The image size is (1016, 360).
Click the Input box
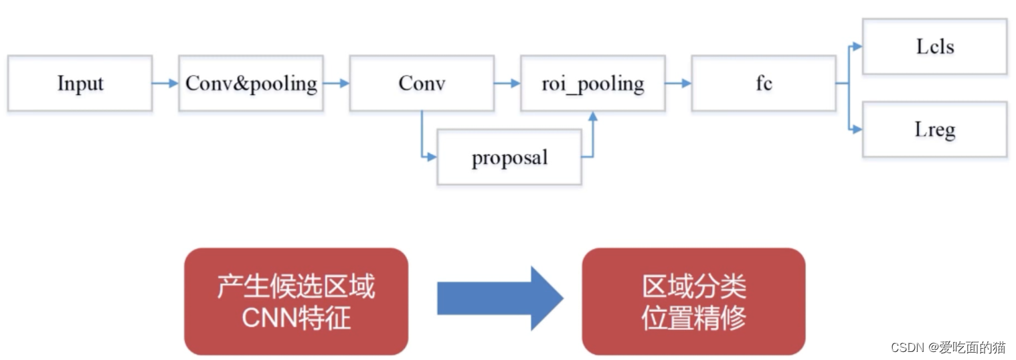point(80,84)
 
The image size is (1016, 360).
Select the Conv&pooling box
point(251,84)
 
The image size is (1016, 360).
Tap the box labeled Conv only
point(422,84)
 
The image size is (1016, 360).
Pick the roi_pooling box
point(593,84)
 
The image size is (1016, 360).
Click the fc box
point(764,84)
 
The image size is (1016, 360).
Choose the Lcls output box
point(934,47)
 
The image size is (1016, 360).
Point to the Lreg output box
point(934,129)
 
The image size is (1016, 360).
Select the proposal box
point(509,158)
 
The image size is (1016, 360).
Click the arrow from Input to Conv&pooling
point(165,84)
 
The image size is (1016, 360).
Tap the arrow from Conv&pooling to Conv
point(337,84)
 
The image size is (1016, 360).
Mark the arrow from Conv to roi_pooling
point(507,84)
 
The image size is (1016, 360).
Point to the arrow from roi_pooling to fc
point(679,84)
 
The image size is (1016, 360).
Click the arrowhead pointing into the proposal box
point(431,157)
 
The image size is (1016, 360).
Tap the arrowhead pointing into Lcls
point(856,47)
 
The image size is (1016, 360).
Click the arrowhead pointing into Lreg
point(856,129)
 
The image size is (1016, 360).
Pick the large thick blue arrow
point(499,298)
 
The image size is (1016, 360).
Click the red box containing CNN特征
point(296,301)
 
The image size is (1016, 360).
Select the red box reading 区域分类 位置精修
point(693,301)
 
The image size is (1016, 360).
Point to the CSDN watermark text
point(948,347)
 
